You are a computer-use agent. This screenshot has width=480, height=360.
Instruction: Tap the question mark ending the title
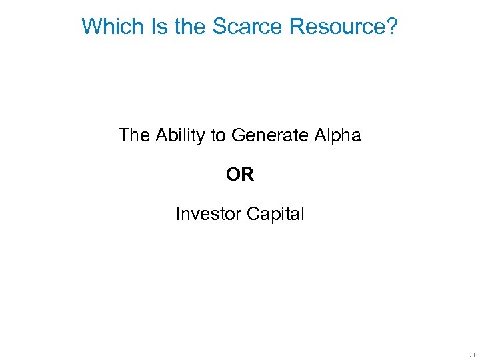[x=393, y=27]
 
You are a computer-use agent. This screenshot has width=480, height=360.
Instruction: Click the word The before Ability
[x=135, y=136]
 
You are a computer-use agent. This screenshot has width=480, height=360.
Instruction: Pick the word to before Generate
[x=218, y=136]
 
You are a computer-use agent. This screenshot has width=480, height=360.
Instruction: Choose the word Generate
[x=269, y=136]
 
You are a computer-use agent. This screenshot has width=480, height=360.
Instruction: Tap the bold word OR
[x=240, y=175]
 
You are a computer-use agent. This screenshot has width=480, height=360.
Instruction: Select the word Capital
[x=275, y=215]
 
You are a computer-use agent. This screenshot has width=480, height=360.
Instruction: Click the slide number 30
[x=473, y=354]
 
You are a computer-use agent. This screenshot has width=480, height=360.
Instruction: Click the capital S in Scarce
[x=219, y=27]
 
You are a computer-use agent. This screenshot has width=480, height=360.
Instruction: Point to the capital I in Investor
[x=177, y=214]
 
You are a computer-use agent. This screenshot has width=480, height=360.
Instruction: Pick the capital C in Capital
[x=252, y=214]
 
